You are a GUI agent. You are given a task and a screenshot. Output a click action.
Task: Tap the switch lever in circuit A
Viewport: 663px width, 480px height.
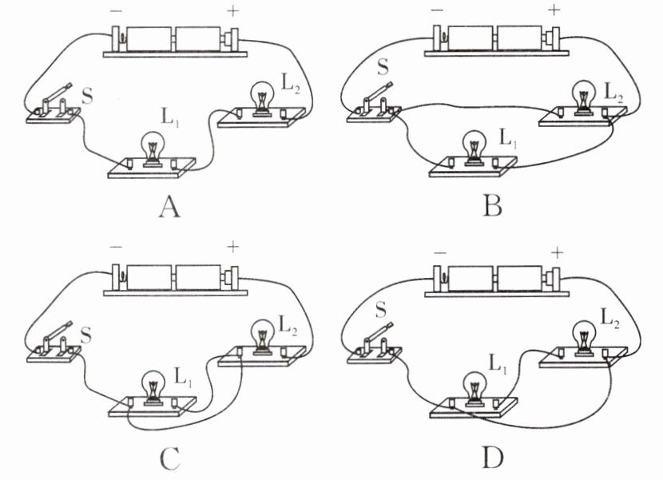[x=55, y=97]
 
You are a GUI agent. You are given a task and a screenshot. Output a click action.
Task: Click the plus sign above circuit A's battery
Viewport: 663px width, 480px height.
[x=232, y=11]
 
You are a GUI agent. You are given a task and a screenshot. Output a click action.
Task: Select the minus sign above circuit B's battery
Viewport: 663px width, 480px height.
[x=438, y=11]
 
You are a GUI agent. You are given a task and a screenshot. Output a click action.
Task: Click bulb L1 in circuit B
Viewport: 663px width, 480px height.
[x=474, y=145]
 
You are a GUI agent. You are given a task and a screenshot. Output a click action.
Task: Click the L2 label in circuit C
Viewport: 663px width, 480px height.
[x=289, y=325]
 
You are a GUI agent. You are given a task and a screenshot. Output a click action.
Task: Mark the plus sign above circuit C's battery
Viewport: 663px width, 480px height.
[x=232, y=248]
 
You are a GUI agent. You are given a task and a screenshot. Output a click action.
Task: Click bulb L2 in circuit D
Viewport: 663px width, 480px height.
[x=584, y=331]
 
